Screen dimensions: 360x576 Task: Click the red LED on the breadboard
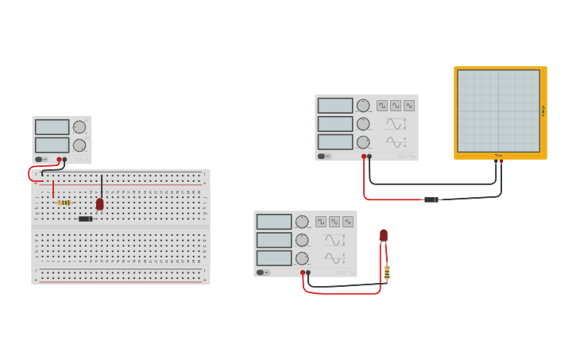click(x=99, y=204)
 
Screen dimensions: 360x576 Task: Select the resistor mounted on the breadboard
click(x=64, y=203)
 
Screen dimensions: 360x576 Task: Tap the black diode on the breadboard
click(x=85, y=219)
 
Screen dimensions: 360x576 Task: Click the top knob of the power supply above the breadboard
click(x=79, y=127)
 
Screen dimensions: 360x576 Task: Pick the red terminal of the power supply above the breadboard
click(x=59, y=160)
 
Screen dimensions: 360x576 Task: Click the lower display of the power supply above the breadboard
click(x=52, y=145)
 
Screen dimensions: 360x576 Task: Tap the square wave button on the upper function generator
click(x=382, y=106)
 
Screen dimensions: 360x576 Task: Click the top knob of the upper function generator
click(x=363, y=106)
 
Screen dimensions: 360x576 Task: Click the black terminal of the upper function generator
click(x=369, y=157)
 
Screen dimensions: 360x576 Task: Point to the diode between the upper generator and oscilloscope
click(x=431, y=199)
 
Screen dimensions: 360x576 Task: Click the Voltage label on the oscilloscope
click(x=543, y=111)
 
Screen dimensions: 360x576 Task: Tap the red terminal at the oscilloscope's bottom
click(x=501, y=161)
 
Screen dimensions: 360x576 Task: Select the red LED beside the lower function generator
click(x=384, y=235)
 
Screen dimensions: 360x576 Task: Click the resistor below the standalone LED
click(x=387, y=273)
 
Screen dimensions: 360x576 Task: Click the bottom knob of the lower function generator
click(x=302, y=258)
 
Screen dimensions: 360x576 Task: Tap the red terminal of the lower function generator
click(x=303, y=273)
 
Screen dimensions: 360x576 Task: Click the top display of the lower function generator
click(x=274, y=222)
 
